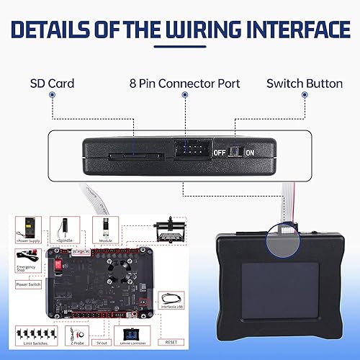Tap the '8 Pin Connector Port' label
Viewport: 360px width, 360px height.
(184, 84)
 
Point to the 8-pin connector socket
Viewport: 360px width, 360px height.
(190, 150)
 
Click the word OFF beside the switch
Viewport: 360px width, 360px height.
(220, 153)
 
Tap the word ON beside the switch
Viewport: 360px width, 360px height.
(250, 153)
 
